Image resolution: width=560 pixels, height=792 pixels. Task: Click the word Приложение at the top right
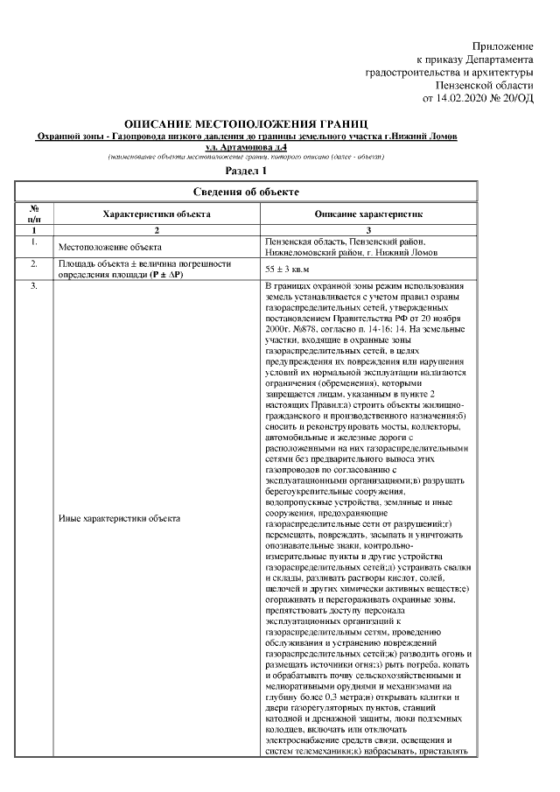point(502,45)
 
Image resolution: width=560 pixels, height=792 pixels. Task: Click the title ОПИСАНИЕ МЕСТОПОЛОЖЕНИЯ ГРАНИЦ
point(246,126)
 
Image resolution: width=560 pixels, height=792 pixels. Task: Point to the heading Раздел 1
point(246,171)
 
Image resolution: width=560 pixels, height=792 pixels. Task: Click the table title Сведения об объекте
point(246,191)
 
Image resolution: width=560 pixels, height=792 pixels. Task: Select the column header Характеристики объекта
point(156,213)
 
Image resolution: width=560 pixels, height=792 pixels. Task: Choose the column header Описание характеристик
point(368,213)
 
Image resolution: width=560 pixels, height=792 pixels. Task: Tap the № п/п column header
point(34,213)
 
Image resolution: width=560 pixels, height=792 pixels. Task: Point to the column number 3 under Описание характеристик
point(368,229)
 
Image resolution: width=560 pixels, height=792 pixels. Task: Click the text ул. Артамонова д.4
point(246,148)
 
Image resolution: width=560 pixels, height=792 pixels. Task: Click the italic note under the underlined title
point(246,158)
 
